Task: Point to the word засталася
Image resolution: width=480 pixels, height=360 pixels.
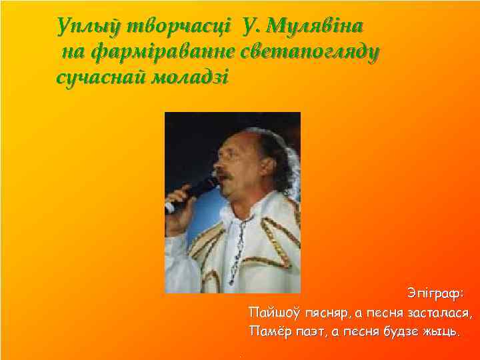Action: tap(436, 312)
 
